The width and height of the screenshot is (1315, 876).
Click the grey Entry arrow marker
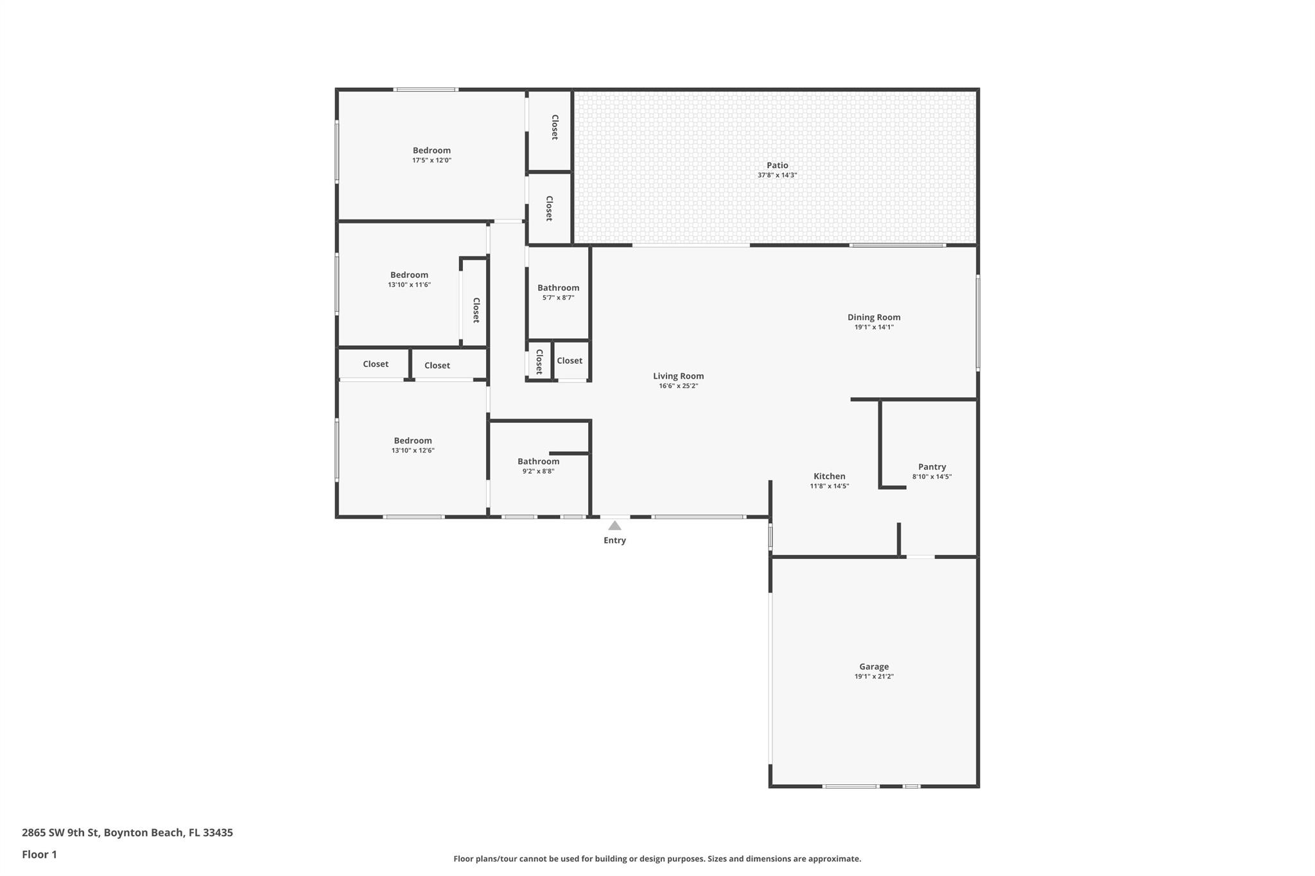(614, 526)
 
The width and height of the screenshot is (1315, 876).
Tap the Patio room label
(777, 165)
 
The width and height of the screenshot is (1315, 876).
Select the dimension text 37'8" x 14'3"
(777, 175)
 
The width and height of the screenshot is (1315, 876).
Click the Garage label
(874, 666)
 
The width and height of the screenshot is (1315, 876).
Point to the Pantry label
(932, 467)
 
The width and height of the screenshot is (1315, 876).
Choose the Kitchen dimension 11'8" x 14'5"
(829, 486)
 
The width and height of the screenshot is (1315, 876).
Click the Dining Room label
(873, 317)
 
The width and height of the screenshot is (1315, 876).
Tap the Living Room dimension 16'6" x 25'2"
(678, 386)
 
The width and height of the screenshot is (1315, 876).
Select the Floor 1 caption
(39, 854)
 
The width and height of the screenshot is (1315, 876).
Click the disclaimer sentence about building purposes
(657, 859)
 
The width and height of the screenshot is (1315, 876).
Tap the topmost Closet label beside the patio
(555, 127)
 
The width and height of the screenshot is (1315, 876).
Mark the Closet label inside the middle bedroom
(476, 310)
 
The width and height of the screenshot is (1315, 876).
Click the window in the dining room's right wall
(978, 323)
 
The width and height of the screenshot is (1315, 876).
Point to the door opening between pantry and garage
(920, 556)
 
